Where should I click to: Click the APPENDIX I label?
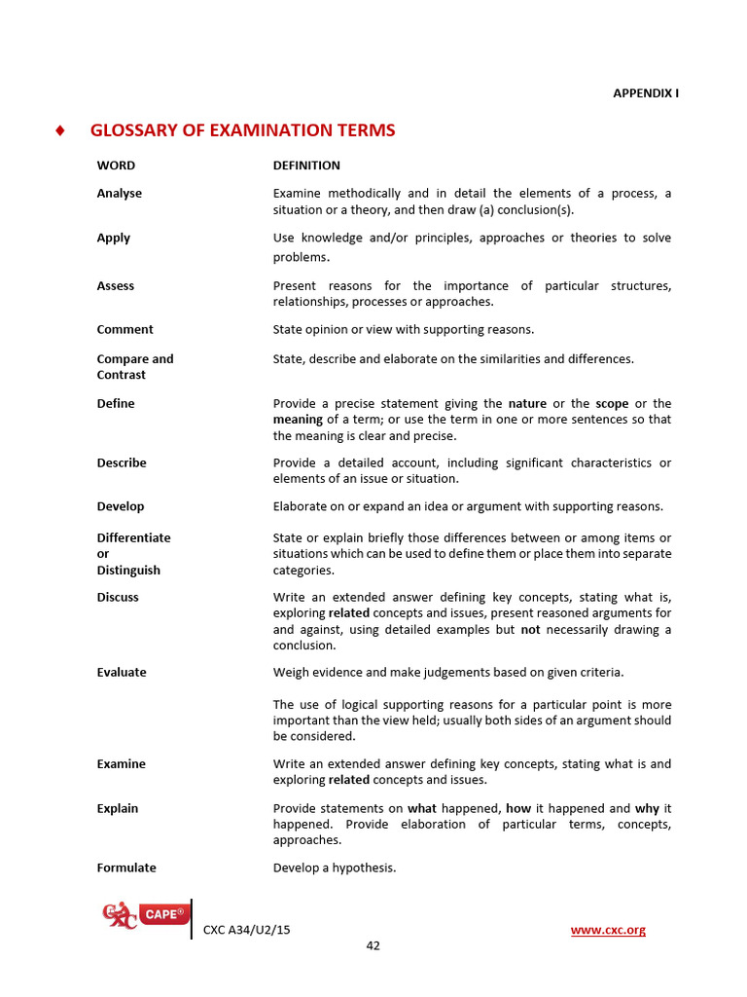coord(645,92)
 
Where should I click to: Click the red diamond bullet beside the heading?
coord(60,130)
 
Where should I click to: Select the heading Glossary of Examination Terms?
coord(242,130)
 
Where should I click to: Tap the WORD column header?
coord(116,166)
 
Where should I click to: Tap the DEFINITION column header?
coord(306,166)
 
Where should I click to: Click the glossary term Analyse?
coord(119,194)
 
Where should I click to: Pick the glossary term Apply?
coord(113,239)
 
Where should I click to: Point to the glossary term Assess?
coord(116,286)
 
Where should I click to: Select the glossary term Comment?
coord(124,330)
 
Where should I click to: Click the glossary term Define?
coord(116,404)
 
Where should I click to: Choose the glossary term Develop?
coord(120,506)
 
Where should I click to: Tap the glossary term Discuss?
coord(118,598)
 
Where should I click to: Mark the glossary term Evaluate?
coord(122,673)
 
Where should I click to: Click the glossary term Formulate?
coord(126,868)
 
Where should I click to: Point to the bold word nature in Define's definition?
coord(527,404)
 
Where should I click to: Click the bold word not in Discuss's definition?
coord(529,630)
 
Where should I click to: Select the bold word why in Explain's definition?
coord(646,808)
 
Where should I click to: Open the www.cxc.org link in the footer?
coord(608,931)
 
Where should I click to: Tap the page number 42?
coord(373,946)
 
